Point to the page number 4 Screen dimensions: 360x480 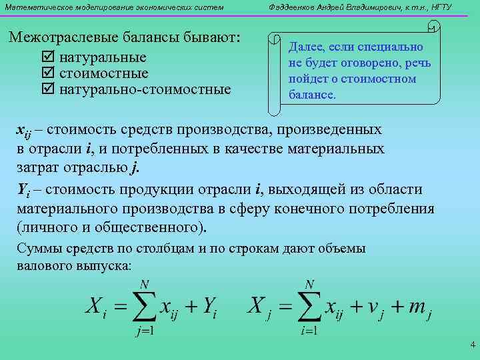pyautogui.click(x=472, y=345)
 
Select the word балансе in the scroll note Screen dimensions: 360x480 pyautogui.click(x=312, y=95)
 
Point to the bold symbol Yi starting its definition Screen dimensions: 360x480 pyautogui.click(x=21, y=191)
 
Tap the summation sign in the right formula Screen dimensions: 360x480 pyautogui.click(x=307, y=307)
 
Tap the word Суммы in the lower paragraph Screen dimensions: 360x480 pyautogui.click(x=39, y=249)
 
